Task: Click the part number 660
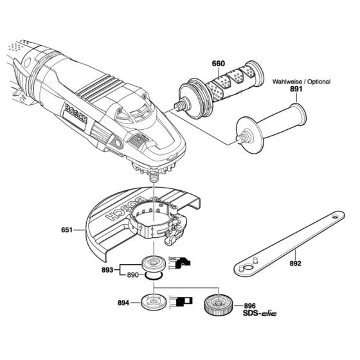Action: click(220, 64)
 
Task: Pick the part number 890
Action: click(131, 275)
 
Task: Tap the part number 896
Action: click(252, 307)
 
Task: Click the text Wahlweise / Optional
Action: click(301, 82)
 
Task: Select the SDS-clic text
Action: click(257, 316)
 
